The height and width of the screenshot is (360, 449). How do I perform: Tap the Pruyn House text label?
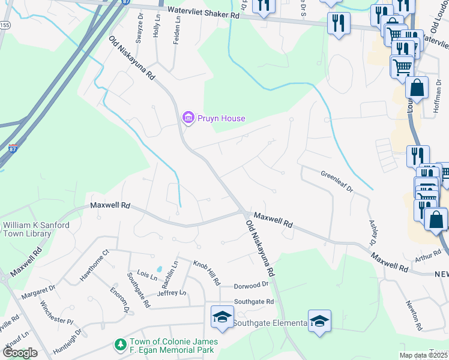[221, 118]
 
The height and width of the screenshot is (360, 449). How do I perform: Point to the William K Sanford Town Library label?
[36, 229]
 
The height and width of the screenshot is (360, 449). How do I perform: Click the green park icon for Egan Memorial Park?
[120, 345]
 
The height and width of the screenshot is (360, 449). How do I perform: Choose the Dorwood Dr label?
[250, 284]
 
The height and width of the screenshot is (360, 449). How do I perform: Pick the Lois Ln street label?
[146, 275]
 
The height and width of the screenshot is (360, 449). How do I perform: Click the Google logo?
[20, 352]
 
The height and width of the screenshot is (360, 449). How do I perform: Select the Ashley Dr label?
[372, 230]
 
